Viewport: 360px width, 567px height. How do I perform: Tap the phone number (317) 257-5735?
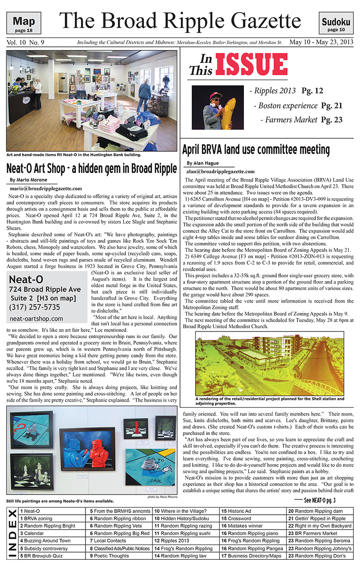[34, 307]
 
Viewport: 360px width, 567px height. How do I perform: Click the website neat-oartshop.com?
[36, 318]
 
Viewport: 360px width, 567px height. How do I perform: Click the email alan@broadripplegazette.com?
[220, 171]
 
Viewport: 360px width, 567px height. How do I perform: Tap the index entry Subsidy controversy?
[46, 549]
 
